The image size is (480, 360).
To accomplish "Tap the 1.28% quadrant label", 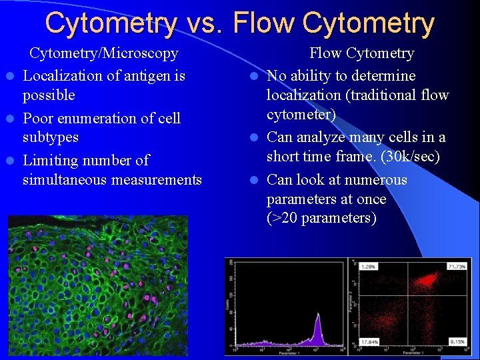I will tap(367, 267).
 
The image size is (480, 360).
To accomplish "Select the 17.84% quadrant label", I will tap(369, 342).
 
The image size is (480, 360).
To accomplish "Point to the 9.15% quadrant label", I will tap(458, 342).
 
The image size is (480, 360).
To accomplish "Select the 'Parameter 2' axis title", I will tap(349, 300).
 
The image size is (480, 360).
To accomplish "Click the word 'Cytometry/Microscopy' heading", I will tap(104, 53).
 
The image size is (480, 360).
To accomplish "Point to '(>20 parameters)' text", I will tap(321, 219).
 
